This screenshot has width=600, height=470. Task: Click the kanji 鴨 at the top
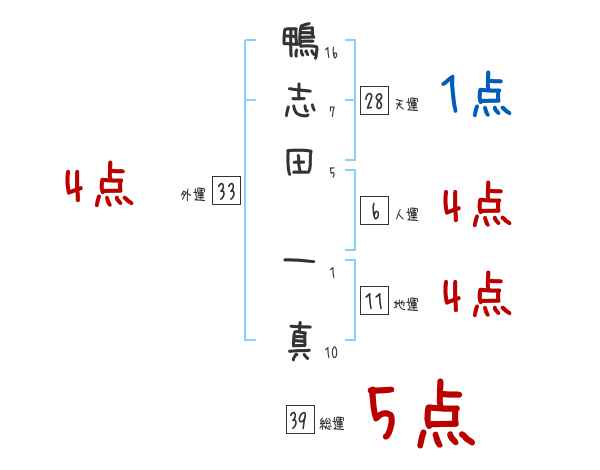coord(299,46)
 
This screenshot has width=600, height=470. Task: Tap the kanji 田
coord(299,164)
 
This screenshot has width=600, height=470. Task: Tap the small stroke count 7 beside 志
coord(331,112)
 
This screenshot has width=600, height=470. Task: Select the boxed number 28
coord(375,100)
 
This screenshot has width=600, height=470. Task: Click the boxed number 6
coord(375,211)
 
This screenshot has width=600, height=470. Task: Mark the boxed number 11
coord(375,301)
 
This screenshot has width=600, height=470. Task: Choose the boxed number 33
coord(226,193)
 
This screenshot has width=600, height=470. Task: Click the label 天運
coord(406,104)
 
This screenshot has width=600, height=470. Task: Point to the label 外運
coord(192,196)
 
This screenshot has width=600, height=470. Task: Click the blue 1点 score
coord(475,97)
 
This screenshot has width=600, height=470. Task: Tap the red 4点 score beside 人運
coord(475,206)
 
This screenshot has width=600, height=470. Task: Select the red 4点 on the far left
coord(98,187)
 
